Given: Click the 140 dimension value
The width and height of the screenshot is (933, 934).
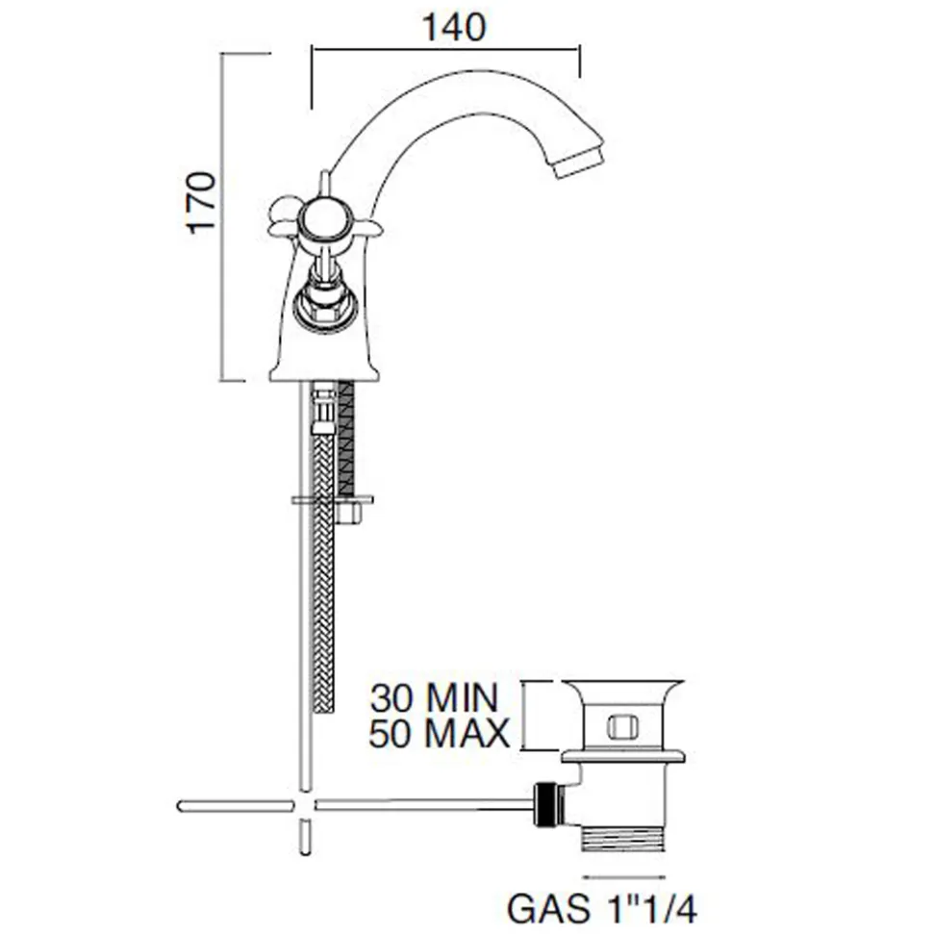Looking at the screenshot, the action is click(x=454, y=27).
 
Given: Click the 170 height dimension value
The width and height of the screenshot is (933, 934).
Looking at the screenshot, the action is click(x=201, y=203).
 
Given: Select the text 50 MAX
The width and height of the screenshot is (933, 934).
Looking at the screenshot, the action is click(x=440, y=733).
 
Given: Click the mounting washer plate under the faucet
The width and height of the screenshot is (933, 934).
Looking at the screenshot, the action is click(x=333, y=499).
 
